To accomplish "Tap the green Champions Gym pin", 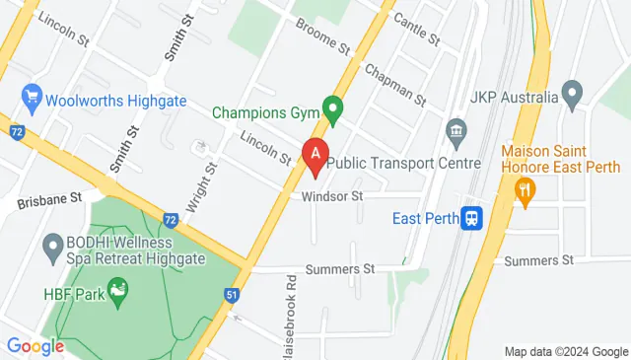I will click(x=334, y=108).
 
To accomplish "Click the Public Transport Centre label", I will click(x=403, y=163).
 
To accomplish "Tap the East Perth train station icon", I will click(x=473, y=217).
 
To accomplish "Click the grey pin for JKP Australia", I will click(x=571, y=97).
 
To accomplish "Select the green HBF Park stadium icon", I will click(x=118, y=289).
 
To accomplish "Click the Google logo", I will click(x=35, y=346).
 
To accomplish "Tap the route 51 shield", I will click(x=232, y=295).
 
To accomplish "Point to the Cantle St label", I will click(x=416, y=30).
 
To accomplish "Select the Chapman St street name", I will click(x=394, y=86).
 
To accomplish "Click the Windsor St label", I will click(x=334, y=196).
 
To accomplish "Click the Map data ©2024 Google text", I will click(x=566, y=351).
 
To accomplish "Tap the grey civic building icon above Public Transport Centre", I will click(x=456, y=130).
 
